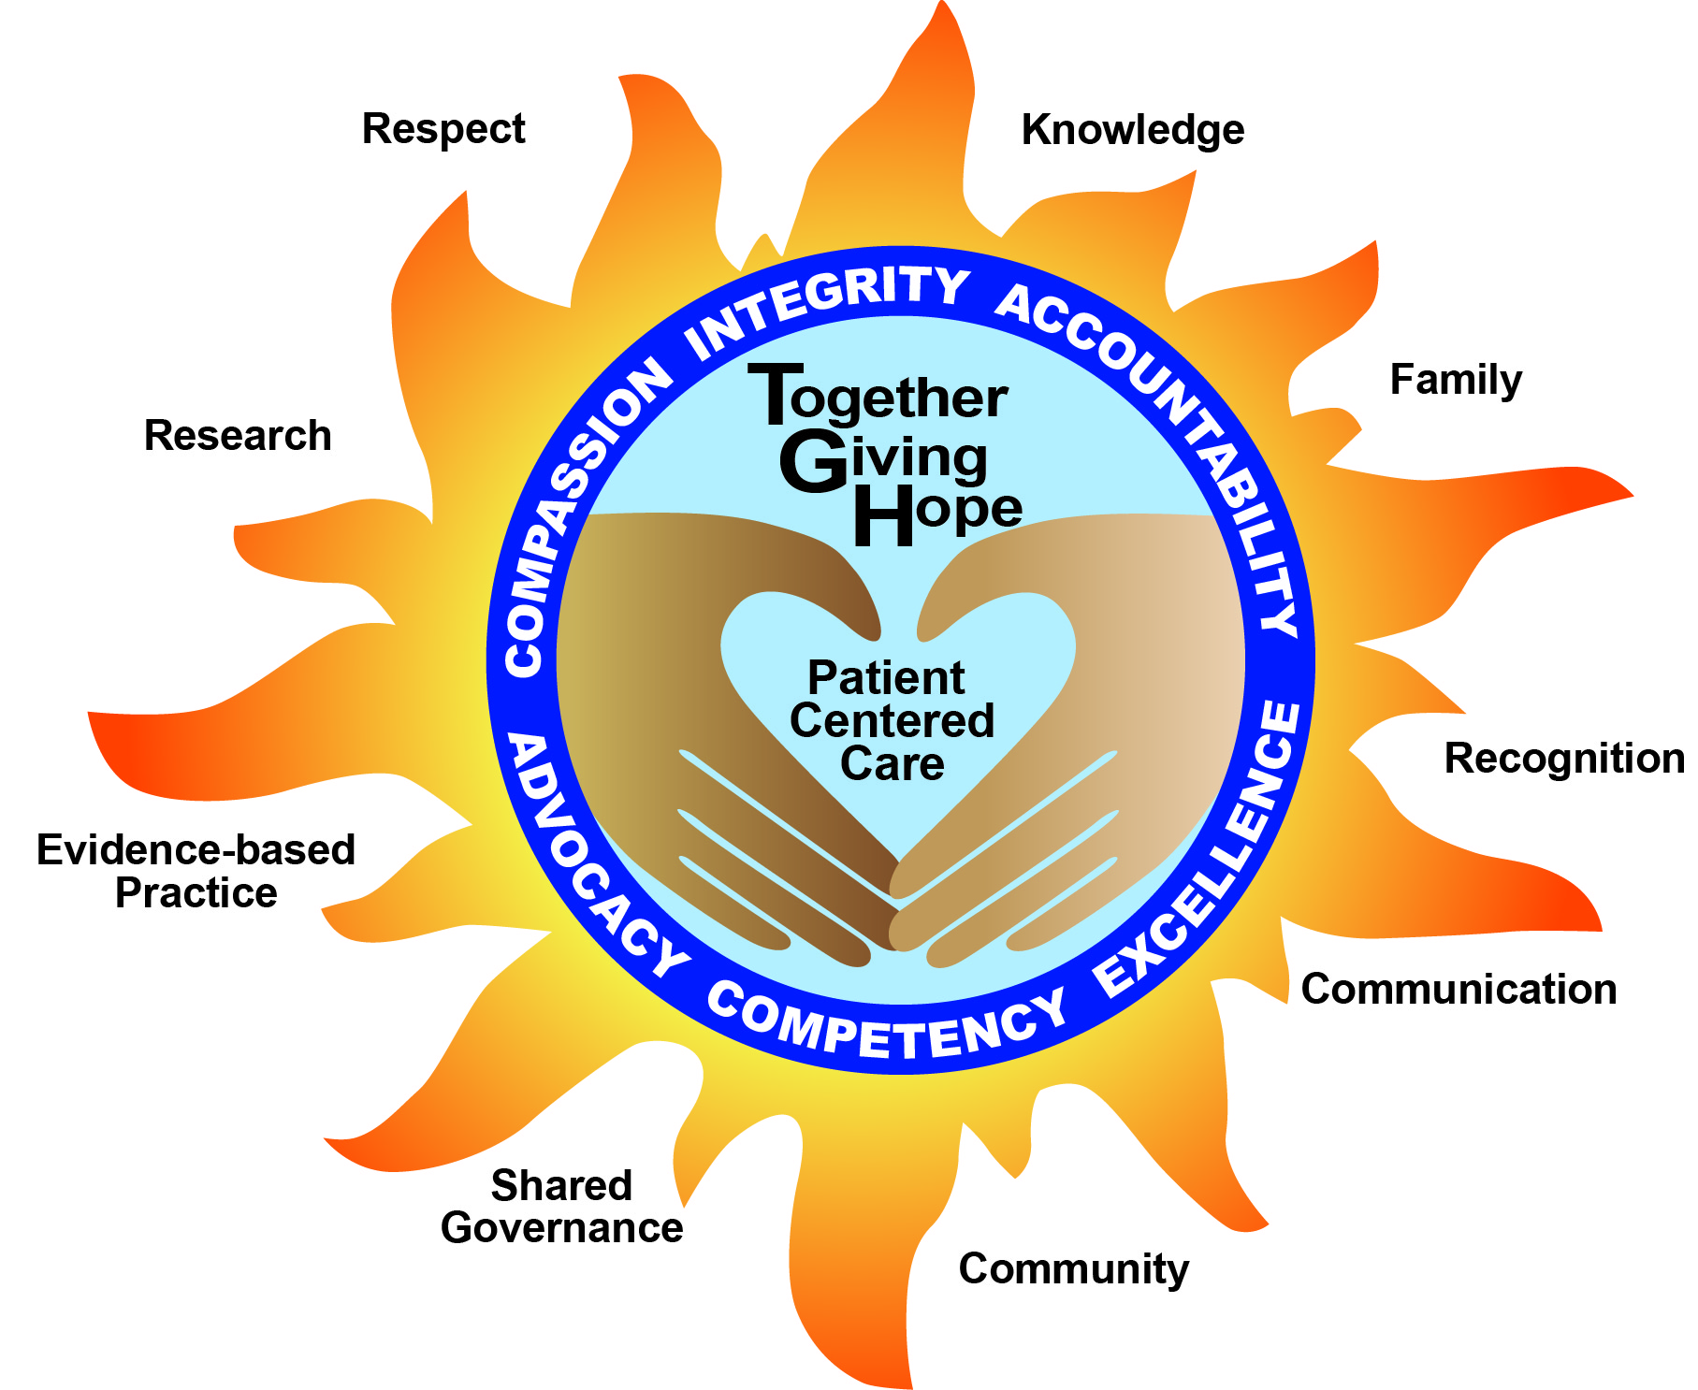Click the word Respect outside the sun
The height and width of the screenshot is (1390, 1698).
click(443, 129)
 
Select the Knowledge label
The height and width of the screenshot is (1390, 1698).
click(1132, 130)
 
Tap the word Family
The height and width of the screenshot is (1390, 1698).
click(1456, 380)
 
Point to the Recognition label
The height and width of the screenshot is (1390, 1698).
click(1564, 758)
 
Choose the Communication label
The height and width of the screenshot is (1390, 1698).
click(1459, 989)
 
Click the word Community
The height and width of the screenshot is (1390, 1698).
click(1073, 1269)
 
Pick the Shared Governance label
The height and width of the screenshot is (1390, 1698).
click(561, 1207)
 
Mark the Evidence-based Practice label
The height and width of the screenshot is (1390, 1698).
click(196, 871)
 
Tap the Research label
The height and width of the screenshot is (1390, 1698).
click(238, 436)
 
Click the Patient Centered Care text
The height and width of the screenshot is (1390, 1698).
click(891, 720)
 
